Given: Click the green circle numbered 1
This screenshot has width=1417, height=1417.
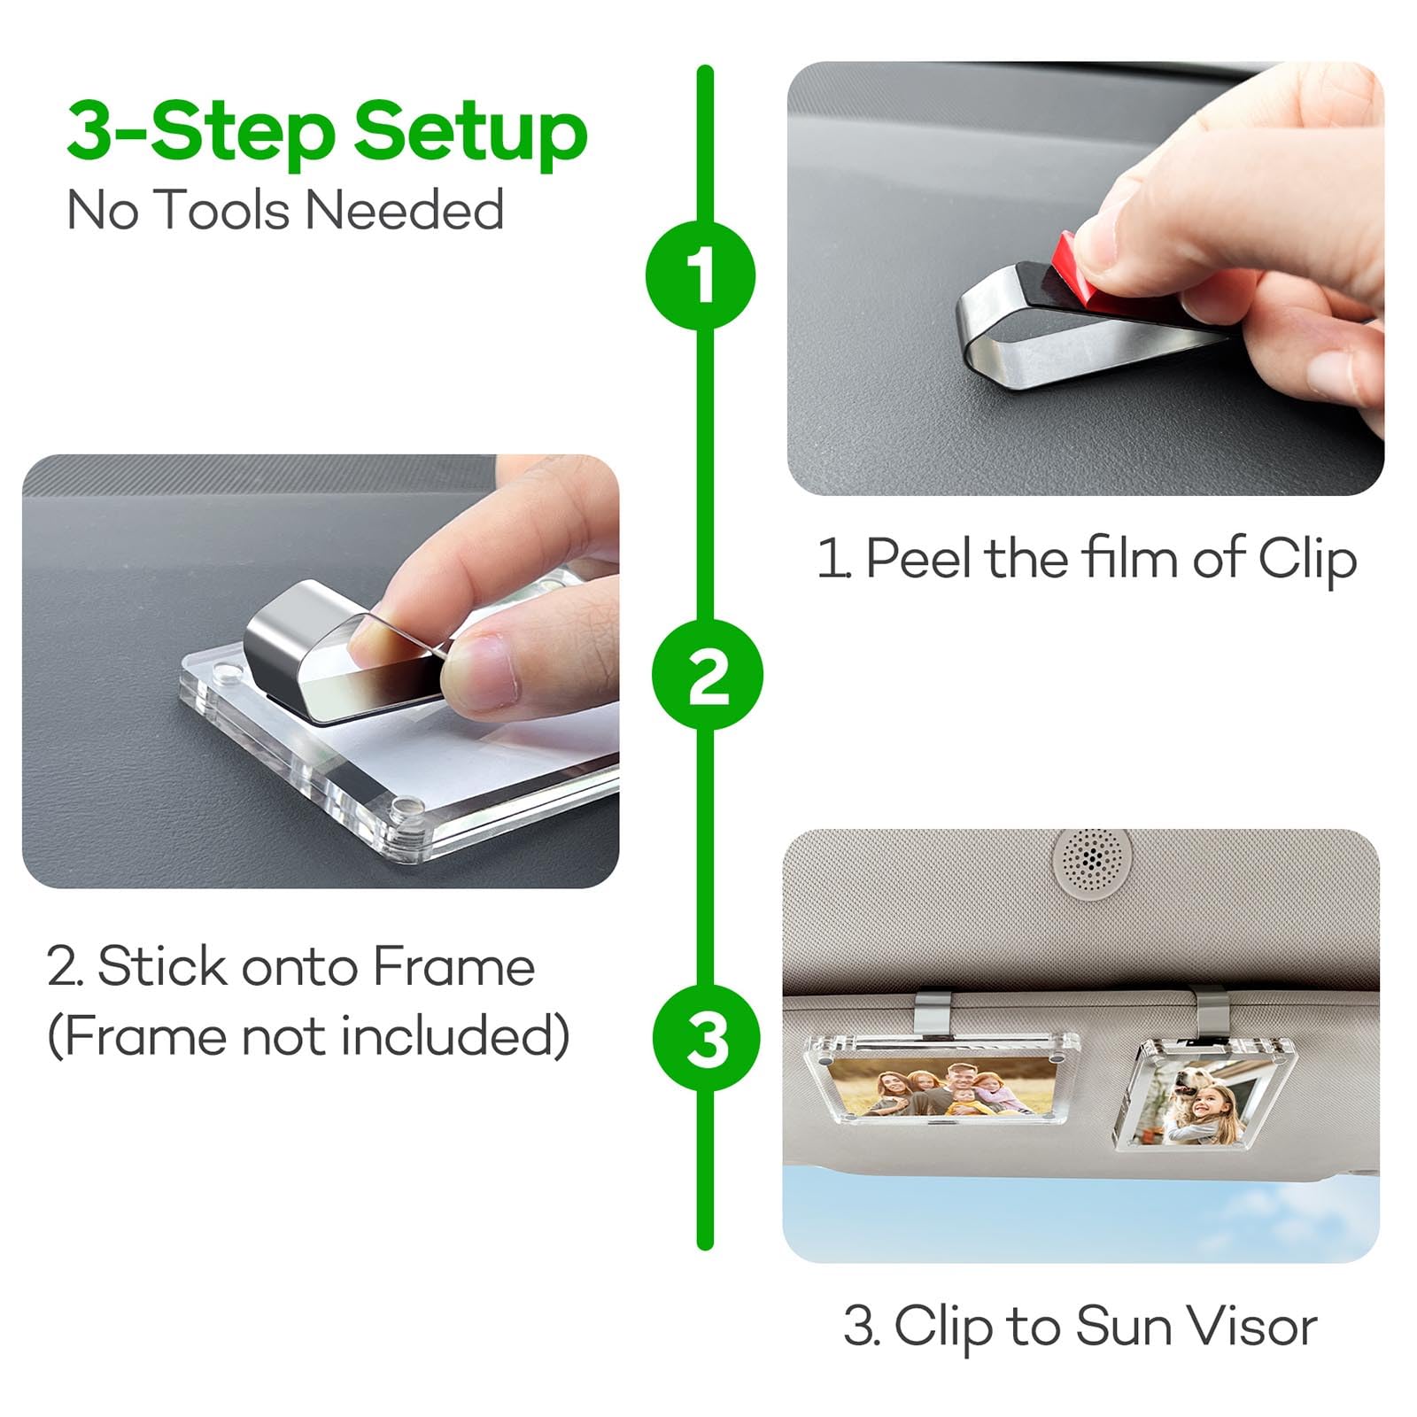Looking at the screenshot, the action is tap(701, 275).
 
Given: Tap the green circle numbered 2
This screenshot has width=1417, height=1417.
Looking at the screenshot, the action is tap(707, 675).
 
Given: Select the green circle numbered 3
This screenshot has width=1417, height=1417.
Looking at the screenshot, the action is tap(707, 1038).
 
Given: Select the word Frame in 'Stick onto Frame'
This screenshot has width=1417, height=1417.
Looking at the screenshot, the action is tap(453, 965).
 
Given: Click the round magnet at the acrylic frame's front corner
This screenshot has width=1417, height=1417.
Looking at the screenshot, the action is tap(407, 808).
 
